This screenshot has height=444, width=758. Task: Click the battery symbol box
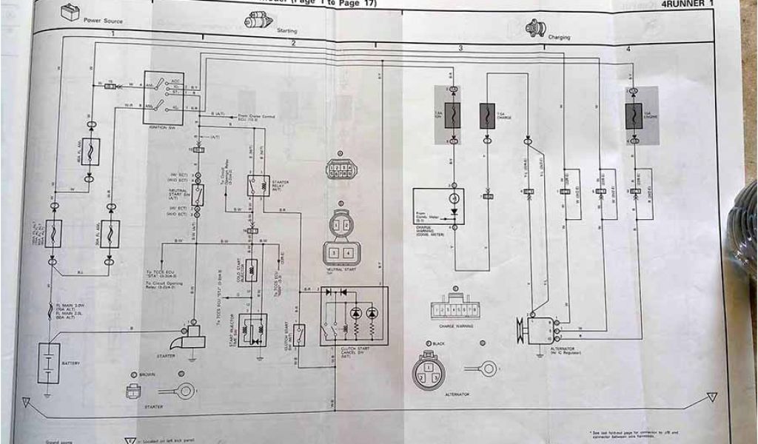(49, 362)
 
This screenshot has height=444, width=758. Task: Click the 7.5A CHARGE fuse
(487, 116)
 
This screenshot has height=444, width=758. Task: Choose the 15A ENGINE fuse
(633, 115)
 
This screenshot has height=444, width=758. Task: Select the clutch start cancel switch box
(354, 316)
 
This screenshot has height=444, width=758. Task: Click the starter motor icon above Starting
(258, 20)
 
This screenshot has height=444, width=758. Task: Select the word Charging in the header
(559, 37)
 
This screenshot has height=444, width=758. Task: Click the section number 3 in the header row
(460, 48)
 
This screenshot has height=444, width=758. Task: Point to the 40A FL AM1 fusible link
(90, 152)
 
